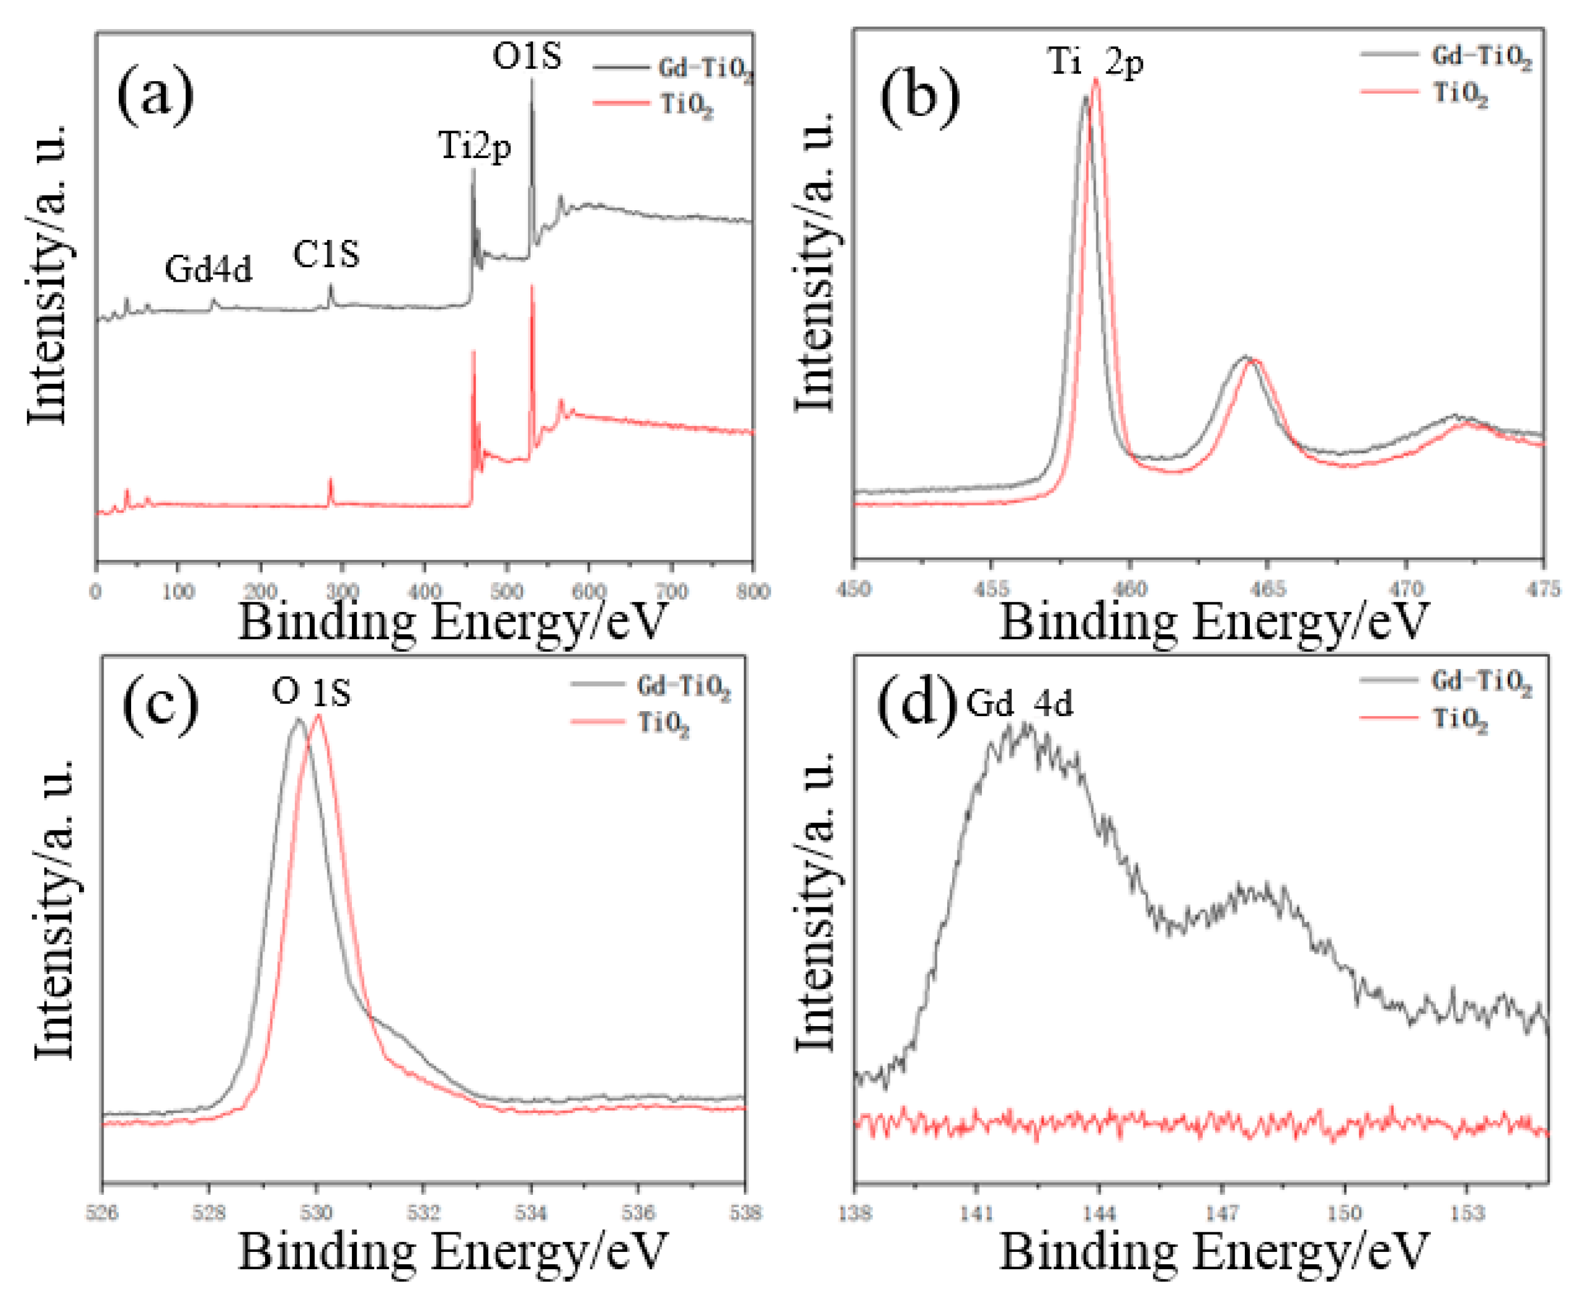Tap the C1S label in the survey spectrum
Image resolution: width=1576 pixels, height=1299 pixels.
click(x=326, y=255)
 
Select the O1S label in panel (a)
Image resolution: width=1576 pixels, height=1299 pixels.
click(x=526, y=57)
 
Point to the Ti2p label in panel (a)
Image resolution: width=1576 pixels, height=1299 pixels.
click(x=475, y=145)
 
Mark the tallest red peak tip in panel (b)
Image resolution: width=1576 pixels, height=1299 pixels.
click(x=1096, y=78)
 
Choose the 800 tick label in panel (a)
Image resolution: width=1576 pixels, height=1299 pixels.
click(x=752, y=592)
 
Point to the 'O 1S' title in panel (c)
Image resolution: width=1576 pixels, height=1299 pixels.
click(x=311, y=692)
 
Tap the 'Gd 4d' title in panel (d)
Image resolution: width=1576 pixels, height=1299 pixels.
click(x=1019, y=703)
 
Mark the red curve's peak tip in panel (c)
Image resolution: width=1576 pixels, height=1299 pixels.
click(x=319, y=716)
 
